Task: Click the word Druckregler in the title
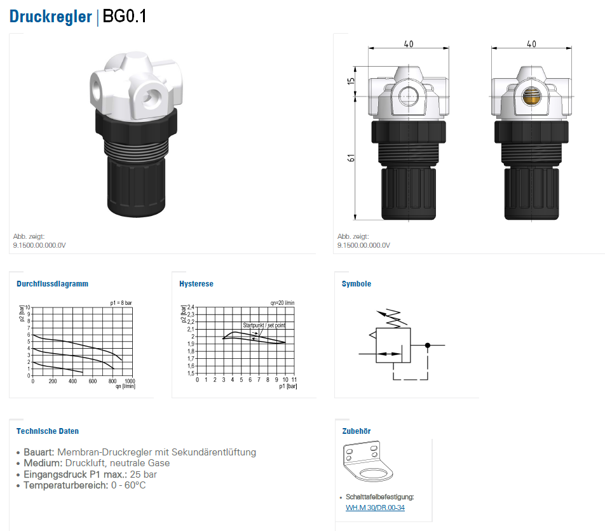(x=51, y=17)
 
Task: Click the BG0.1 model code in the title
(x=125, y=16)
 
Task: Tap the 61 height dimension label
(x=351, y=158)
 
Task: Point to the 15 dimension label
(x=351, y=81)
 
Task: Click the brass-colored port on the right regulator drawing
(x=531, y=97)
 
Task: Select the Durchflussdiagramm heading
(x=53, y=284)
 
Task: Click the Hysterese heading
(x=196, y=284)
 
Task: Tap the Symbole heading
(x=356, y=284)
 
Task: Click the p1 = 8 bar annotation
(x=121, y=303)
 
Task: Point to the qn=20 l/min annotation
(x=282, y=303)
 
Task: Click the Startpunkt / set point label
(x=264, y=325)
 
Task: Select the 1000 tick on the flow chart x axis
(x=130, y=380)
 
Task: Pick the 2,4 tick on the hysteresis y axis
(x=191, y=307)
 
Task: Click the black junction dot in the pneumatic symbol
(x=428, y=345)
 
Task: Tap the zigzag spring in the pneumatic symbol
(x=393, y=318)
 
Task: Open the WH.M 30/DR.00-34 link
(x=375, y=507)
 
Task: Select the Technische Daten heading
(x=48, y=431)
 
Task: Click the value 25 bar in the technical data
(x=143, y=474)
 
